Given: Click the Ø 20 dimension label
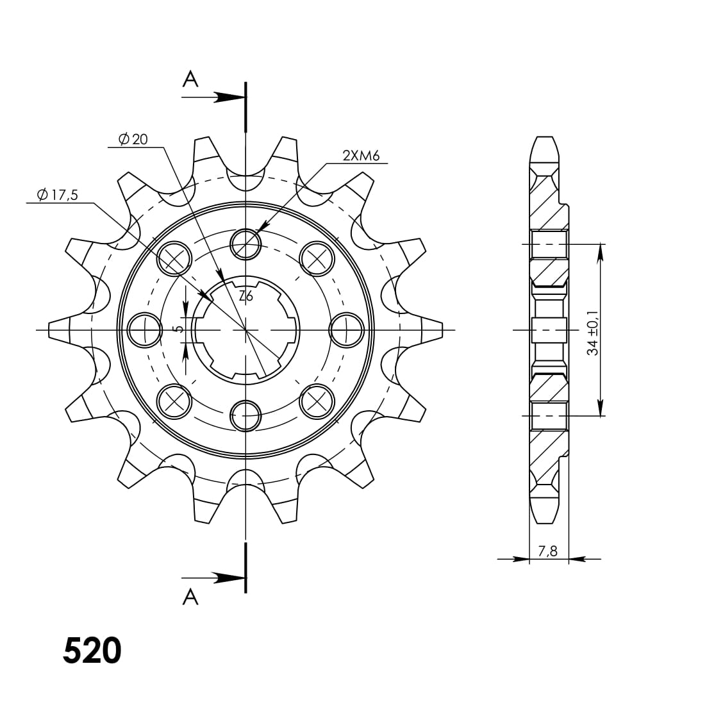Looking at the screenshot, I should (133, 138).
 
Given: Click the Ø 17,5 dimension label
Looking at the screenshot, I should (57, 195).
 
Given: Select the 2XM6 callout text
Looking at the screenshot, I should (361, 155).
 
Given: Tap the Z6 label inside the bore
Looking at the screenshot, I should (245, 296).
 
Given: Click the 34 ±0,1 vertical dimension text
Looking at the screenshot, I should (593, 333).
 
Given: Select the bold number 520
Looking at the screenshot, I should (92, 651).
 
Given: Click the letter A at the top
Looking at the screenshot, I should (190, 79).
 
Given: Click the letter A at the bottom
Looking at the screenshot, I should (190, 597).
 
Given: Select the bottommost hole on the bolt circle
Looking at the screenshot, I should (245, 416).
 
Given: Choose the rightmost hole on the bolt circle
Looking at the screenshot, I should (346, 330).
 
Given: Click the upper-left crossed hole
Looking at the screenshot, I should (174, 258).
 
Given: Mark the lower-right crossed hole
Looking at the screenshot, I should (317, 401).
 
